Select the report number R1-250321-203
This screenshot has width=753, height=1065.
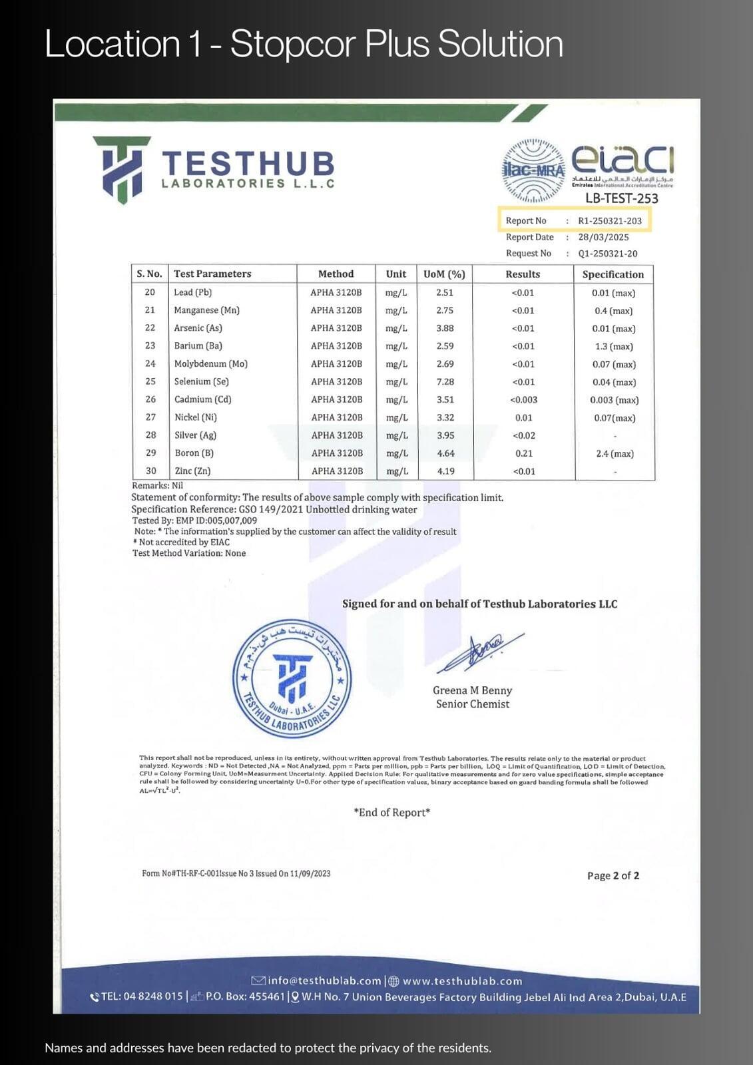[610, 221]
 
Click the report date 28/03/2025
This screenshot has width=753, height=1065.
[603, 237]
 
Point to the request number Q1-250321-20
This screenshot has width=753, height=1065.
[607, 254]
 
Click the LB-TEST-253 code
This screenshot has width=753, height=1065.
[621, 198]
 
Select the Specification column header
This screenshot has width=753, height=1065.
[613, 274]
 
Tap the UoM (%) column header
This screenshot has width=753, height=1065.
[444, 274]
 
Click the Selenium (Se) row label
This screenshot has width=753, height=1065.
[201, 381]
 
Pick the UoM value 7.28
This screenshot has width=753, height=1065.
[445, 382]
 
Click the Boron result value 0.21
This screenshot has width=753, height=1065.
[523, 453]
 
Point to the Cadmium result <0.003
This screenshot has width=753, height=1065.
[523, 400]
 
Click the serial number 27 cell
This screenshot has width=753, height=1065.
[150, 417]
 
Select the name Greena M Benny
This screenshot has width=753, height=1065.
[472, 690]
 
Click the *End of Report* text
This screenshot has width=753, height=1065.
[391, 812]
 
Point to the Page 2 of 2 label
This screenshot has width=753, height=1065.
[613, 875]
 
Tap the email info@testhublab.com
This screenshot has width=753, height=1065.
[324, 980]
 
